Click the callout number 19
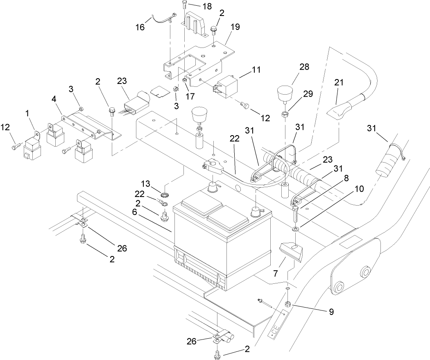click(x=235, y=27)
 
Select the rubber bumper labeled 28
click(x=285, y=93)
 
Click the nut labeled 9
click(x=288, y=304)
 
